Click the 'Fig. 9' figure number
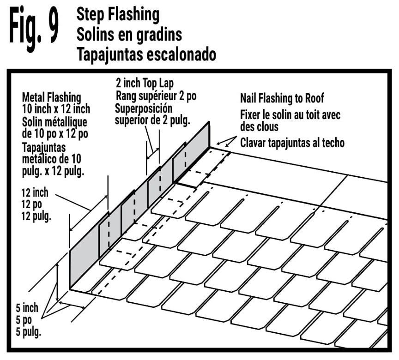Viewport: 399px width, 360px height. coord(34,29)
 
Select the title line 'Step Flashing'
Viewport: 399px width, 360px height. coord(118,14)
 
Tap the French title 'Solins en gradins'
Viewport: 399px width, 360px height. coord(129,34)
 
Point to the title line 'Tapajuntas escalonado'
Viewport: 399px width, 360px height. coord(146,54)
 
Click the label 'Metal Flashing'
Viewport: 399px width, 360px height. coord(52,97)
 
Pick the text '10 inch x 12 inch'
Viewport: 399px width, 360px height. coord(56,109)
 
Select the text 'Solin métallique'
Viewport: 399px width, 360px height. coord(54,122)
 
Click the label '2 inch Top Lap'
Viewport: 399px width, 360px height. coord(145,83)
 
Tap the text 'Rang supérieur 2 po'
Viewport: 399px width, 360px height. coord(156,96)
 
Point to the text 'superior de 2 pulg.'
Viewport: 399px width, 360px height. coord(152,120)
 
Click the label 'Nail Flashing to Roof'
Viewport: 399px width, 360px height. coord(282,98)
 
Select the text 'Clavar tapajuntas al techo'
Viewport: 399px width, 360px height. coord(292,143)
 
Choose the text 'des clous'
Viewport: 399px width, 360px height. coord(259,126)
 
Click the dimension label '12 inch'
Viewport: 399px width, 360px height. coord(35,193)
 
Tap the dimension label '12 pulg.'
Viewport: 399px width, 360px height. coord(36,216)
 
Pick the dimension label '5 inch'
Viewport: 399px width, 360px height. coord(27,308)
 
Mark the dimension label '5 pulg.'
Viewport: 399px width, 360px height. coord(28,332)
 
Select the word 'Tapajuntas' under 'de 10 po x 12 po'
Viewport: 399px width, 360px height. coord(44,148)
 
